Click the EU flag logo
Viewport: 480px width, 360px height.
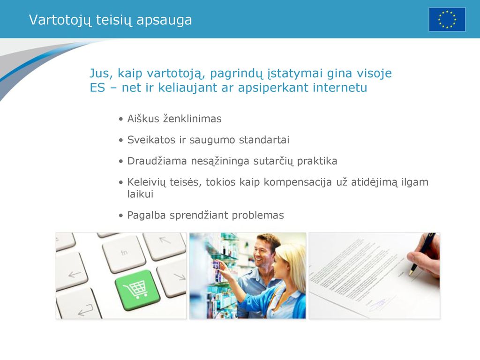447,20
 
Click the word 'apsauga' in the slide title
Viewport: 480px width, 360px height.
164,21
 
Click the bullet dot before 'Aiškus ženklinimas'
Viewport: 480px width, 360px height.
121,119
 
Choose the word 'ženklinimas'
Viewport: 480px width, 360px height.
192,119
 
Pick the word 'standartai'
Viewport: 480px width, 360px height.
264,140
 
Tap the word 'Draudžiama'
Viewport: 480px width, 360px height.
157,161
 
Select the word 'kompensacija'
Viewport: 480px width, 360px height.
298,182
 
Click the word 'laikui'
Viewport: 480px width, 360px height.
140,194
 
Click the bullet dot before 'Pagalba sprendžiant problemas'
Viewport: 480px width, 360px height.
121,216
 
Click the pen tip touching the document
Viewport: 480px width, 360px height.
410,274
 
